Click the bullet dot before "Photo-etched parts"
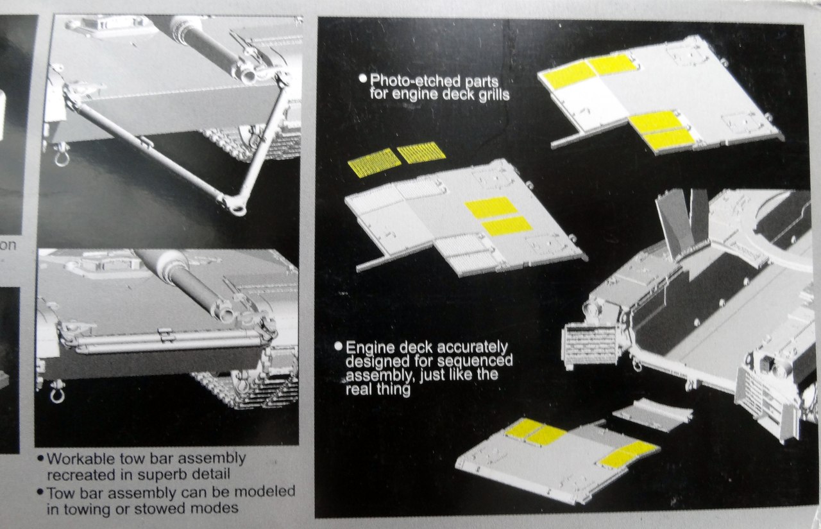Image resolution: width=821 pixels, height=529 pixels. click(363, 79)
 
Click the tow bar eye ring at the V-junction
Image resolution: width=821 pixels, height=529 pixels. click(235, 206)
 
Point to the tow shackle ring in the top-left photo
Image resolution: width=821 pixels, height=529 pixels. click(62, 156)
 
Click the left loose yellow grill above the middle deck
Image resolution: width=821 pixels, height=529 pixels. click(374, 162)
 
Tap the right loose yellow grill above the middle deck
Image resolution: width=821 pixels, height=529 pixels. click(421, 152)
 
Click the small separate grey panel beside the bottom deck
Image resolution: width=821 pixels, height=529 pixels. click(652, 413)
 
